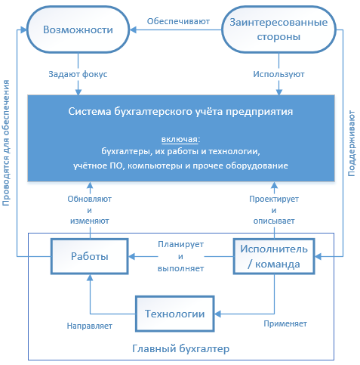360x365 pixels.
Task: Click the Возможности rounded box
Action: [x=78, y=29]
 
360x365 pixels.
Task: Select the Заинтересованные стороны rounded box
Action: [x=278, y=29]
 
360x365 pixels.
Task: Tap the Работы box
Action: [x=90, y=256]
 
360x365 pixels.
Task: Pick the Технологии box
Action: [x=175, y=314]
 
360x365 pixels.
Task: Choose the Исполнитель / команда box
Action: [x=274, y=256]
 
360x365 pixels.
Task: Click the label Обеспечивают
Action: [x=178, y=21]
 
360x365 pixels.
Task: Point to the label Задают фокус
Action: [x=78, y=74]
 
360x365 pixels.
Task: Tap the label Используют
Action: [x=278, y=74]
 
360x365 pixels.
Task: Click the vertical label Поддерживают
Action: [x=351, y=143]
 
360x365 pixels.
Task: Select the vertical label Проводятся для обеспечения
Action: [x=6, y=143]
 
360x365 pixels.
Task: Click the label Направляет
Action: [x=90, y=326]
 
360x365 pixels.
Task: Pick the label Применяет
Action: [x=285, y=323]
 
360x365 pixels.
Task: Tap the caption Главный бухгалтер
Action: [x=180, y=349]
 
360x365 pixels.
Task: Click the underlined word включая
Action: [x=180, y=139]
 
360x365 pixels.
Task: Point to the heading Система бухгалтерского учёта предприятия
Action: [x=180, y=111]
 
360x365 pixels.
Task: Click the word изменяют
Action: [x=90, y=221]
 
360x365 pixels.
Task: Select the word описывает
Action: [x=274, y=221]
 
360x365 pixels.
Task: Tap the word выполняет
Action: [x=180, y=268]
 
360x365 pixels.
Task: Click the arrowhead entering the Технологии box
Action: [x=217, y=314]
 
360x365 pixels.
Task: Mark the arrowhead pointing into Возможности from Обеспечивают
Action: [x=133, y=29]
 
